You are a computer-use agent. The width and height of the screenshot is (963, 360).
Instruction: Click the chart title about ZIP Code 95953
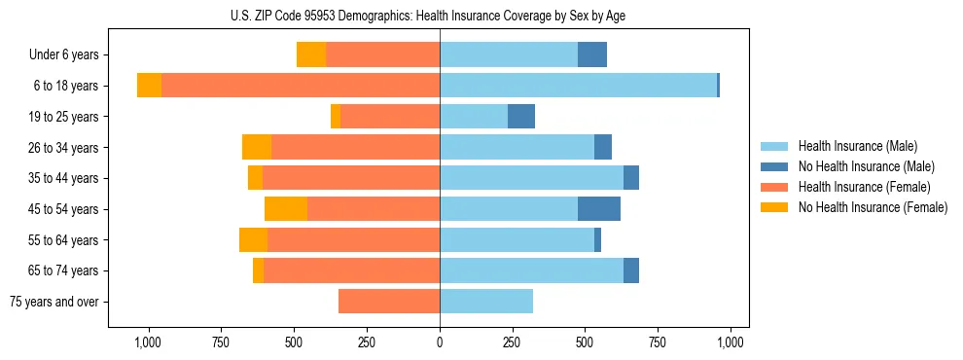(x=440, y=15)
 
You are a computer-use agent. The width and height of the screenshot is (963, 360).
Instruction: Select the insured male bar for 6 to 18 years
(x=578, y=86)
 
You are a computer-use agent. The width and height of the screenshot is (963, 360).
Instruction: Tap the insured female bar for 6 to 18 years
(x=301, y=86)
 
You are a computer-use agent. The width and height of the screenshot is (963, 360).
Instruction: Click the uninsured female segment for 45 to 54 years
(x=286, y=209)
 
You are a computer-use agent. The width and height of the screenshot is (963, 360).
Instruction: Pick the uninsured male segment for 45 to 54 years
(x=599, y=209)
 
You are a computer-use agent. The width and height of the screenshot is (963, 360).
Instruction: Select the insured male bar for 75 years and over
(x=486, y=302)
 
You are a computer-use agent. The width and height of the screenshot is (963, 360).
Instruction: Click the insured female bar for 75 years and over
(x=389, y=302)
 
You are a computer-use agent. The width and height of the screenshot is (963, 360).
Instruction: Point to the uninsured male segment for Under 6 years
(x=592, y=54)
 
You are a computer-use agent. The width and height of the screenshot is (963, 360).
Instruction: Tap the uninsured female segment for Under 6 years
(x=311, y=54)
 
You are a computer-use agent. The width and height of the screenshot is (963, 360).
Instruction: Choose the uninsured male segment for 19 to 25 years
(x=521, y=117)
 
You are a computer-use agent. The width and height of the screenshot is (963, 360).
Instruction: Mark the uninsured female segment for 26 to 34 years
(x=257, y=147)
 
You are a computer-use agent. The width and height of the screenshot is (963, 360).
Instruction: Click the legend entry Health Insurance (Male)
(x=857, y=146)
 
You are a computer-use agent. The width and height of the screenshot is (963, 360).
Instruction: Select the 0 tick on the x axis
(x=440, y=342)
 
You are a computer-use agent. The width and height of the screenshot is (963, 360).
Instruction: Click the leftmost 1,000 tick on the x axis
(x=147, y=342)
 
